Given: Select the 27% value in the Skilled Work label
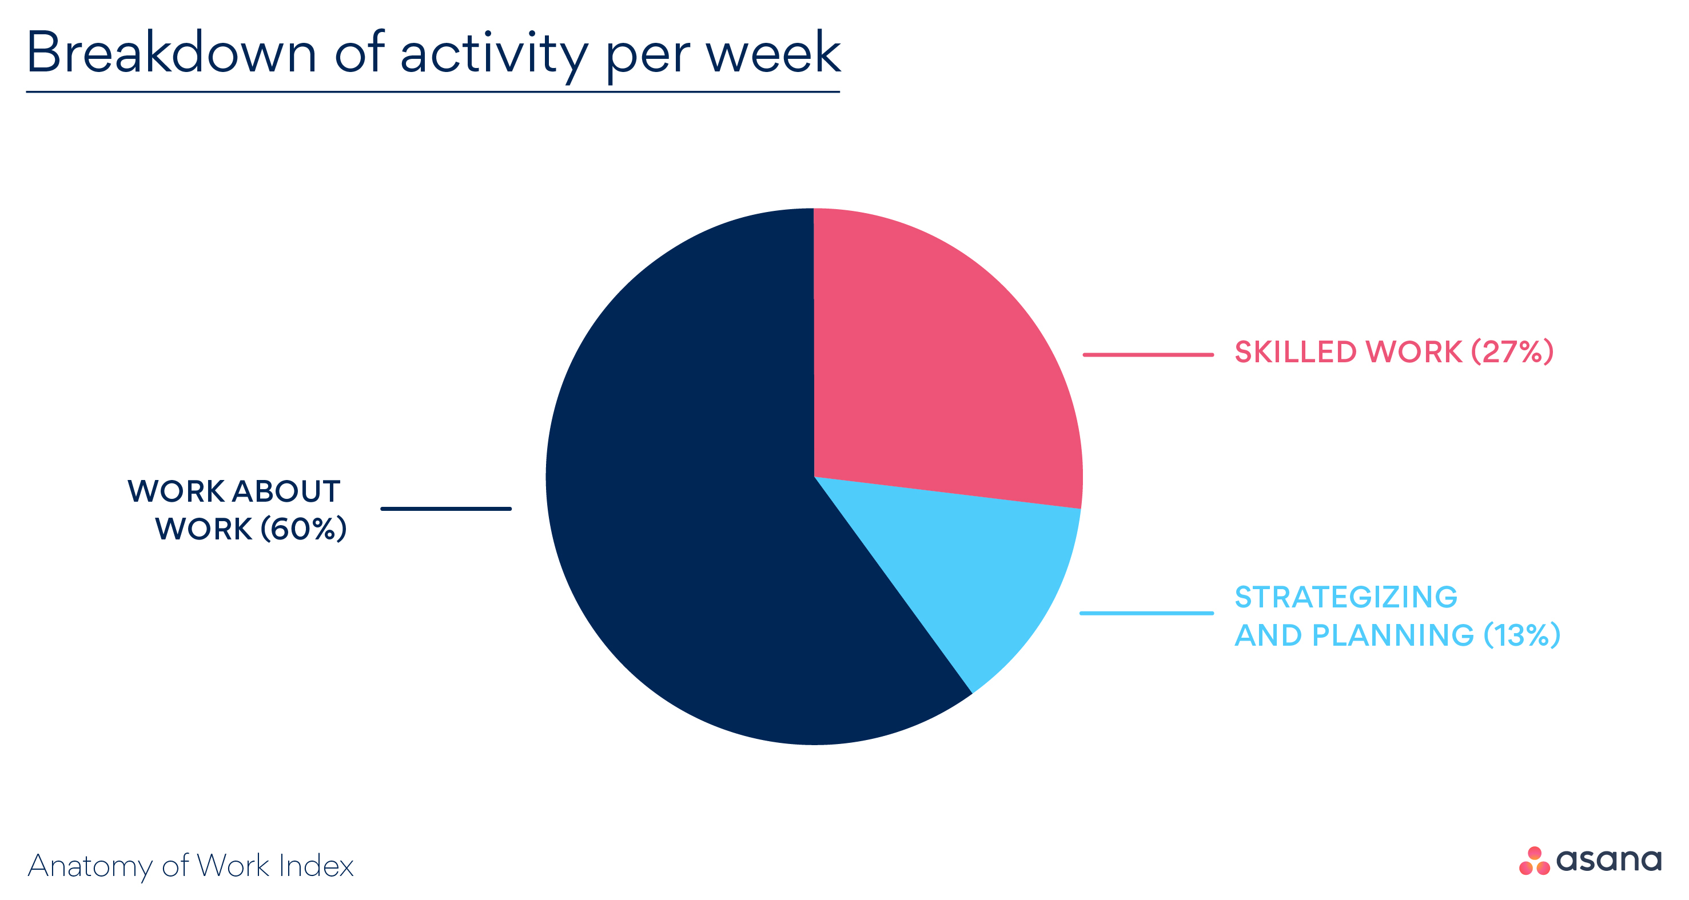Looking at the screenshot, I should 1512,352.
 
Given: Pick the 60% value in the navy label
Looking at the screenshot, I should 303,529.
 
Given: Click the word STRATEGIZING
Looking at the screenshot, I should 1345,597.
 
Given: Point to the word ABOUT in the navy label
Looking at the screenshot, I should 286,491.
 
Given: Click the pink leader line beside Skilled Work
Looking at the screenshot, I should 1148,355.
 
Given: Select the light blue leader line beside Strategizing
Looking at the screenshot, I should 1146,614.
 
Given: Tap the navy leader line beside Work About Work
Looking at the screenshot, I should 446,509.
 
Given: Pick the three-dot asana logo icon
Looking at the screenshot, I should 1534,861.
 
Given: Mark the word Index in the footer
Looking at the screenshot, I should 316,865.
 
